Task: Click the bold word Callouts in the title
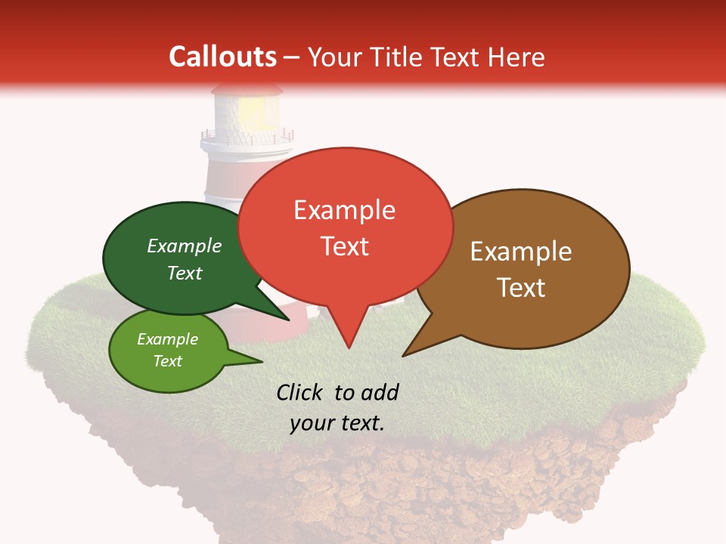click(x=223, y=57)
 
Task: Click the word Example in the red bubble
click(x=344, y=210)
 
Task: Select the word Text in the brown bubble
click(x=521, y=288)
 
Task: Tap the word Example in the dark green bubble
click(x=184, y=246)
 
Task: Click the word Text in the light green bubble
click(x=168, y=361)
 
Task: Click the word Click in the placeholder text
click(x=299, y=392)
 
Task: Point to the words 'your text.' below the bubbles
click(x=337, y=423)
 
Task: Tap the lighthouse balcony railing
click(x=247, y=138)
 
